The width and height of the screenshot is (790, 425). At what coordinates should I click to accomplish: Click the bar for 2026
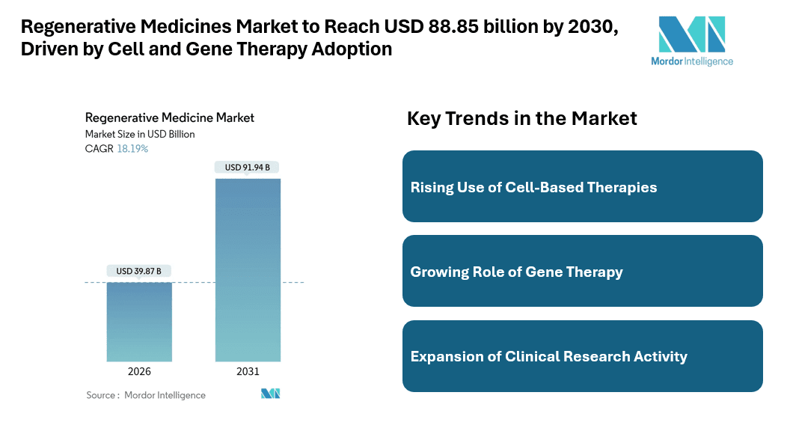139,322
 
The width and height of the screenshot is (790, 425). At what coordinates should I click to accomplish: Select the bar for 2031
248,269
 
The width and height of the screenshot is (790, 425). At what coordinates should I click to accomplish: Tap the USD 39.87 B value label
139,271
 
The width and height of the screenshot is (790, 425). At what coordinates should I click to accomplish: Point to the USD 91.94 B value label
248,168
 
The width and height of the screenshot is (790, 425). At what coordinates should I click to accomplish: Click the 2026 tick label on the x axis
139,372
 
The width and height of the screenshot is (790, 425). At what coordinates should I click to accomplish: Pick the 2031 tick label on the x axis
248,372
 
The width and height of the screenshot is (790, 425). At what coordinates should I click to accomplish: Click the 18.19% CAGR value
132,149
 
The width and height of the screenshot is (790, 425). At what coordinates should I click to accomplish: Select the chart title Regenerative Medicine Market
170,117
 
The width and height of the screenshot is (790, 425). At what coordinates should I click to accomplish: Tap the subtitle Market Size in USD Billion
140,134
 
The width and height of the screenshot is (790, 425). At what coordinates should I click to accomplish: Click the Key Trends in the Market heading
521,118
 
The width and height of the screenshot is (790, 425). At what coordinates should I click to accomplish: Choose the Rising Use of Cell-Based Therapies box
582,186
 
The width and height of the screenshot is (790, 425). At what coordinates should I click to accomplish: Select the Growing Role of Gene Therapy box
582,271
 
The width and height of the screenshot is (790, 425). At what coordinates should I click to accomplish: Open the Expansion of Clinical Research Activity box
582,356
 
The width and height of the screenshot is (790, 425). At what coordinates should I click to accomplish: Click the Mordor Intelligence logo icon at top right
691,34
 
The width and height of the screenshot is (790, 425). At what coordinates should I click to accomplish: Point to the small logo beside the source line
270,394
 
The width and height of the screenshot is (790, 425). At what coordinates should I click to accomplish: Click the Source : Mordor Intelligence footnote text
146,395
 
